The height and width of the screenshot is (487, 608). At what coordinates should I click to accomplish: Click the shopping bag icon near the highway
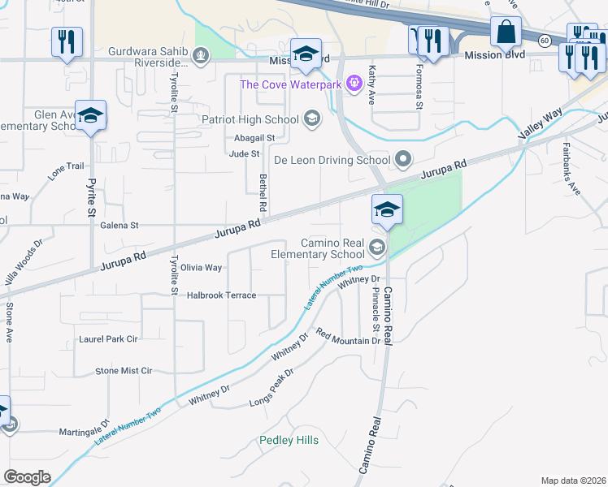(506, 33)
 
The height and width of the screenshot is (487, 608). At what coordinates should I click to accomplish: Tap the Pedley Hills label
(289, 440)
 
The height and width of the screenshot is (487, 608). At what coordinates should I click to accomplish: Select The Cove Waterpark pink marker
(354, 83)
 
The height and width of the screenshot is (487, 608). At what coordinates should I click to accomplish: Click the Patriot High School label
(250, 120)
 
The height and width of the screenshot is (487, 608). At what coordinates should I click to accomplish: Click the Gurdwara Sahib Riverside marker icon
(202, 56)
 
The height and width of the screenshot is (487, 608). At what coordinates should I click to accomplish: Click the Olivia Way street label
(201, 267)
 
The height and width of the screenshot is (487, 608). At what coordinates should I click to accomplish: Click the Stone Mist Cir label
(124, 371)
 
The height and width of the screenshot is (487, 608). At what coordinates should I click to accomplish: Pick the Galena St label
(119, 226)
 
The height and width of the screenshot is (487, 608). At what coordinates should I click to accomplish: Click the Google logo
(27, 477)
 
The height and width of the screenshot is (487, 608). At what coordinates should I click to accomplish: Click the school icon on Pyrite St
(91, 115)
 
